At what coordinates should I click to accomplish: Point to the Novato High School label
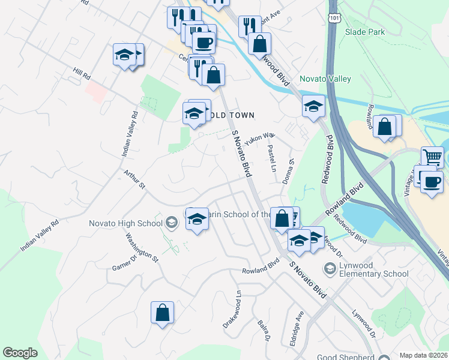(126, 224)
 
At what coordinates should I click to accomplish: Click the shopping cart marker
(432, 157)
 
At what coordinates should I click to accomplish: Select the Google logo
(20, 353)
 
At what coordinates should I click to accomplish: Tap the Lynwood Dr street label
(364, 323)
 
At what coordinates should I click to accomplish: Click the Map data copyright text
(424, 355)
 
